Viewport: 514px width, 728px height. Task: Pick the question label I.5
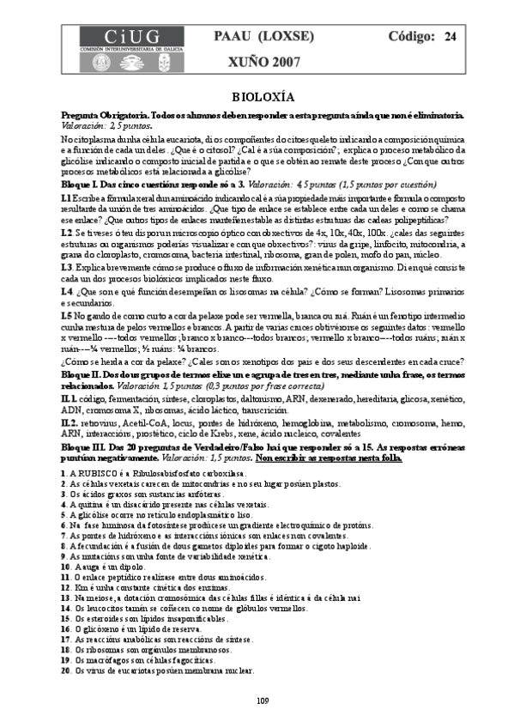67,315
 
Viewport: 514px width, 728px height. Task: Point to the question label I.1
66,197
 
